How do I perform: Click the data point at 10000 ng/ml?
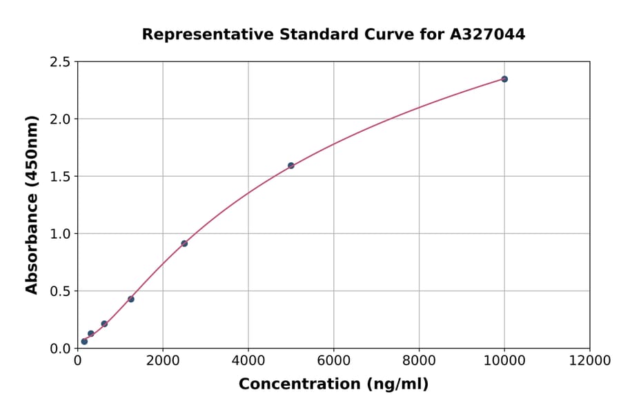click(504, 79)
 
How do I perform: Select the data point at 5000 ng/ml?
click(291, 166)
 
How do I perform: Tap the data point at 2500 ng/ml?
click(184, 243)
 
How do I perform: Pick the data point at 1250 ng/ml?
click(131, 299)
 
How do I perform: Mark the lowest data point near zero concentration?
click(84, 341)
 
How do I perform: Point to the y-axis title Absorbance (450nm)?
click(32, 204)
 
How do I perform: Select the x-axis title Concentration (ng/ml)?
click(333, 384)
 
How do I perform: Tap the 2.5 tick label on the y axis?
click(61, 62)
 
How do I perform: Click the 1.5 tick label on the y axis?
click(61, 177)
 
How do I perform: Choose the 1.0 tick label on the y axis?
click(61, 234)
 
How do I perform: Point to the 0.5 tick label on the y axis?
click(61, 291)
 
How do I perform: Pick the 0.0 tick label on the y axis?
click(61, 349)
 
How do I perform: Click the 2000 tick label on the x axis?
click(163, 360)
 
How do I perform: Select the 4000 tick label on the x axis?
click(248, 360)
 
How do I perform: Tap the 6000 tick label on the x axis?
click(333, 360)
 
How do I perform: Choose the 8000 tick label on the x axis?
click(419, 360)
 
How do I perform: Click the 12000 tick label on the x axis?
click(589, 360)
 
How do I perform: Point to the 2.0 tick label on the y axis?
click(61, 119)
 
